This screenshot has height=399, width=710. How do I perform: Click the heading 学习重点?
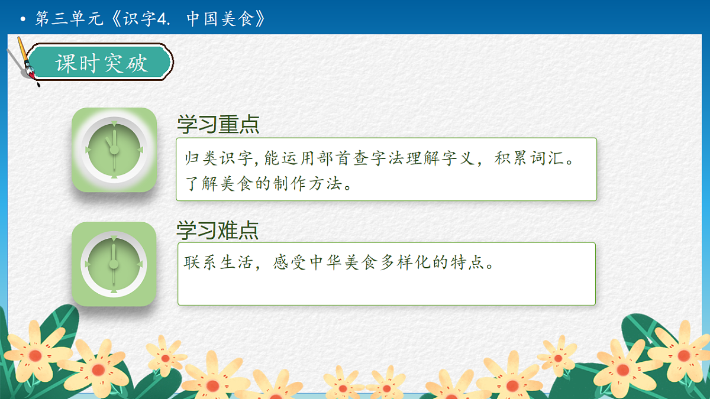pyautogui.click(x=218, y=125)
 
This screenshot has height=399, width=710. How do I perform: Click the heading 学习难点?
pyautogui.click(x=218, y=230)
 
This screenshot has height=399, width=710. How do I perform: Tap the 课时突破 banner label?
pyautogui.click(x=101, y=63)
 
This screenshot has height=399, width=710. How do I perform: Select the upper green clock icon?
pyautogui.click(x=114, y=150)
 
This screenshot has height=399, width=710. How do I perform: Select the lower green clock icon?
pyautogui.click(x=114, y=264)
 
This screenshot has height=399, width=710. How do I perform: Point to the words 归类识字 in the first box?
pyautogui.click(x=217, y=160)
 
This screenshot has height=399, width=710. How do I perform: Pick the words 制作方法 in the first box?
pyautogui.click(x=308, y=184)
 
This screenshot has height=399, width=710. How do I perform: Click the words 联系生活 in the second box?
pyautogui.click(x=217, y=262)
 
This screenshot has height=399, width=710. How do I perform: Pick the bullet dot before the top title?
pyautogui.click(x=23, y=20)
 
